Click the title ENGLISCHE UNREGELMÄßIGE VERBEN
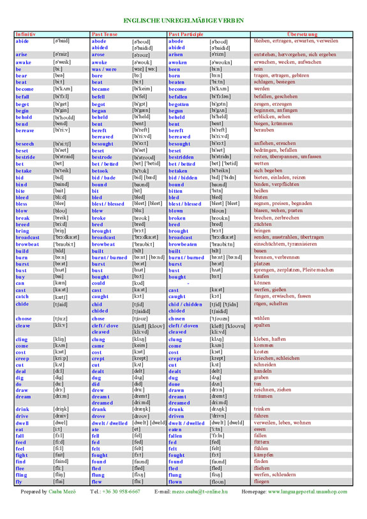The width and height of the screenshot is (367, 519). coord(183,20)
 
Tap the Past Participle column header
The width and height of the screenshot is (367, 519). coord(186,33)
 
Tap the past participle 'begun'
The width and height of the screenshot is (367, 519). coord(176,110)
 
